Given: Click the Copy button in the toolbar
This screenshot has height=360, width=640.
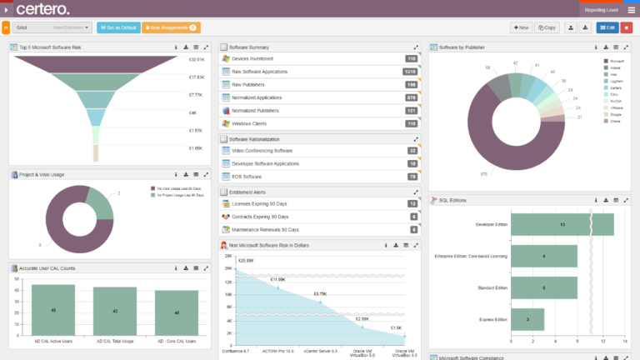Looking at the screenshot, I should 547,27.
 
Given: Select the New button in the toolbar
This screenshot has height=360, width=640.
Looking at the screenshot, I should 521,27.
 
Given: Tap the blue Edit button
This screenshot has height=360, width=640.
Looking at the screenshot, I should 607,27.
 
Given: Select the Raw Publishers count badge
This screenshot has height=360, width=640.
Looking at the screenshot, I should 411,85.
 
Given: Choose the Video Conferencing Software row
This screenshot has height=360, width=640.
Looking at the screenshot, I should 262,151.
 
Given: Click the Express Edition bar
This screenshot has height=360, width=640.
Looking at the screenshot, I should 527,319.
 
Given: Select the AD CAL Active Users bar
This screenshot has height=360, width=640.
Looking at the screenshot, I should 53,310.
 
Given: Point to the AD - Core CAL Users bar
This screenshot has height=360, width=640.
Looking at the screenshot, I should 177,313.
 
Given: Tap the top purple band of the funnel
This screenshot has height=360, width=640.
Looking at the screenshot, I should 96,62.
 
